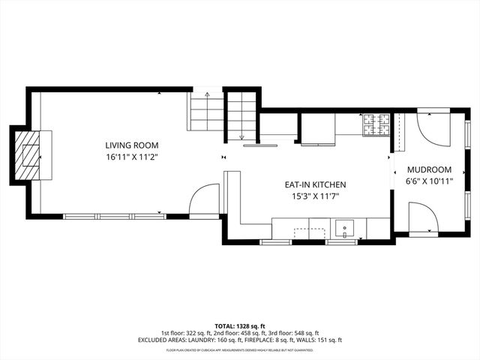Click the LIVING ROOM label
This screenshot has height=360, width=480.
tap(132, 145)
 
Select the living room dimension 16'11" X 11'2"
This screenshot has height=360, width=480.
tap(132, 157)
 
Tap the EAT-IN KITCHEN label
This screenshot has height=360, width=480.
tap(314, 184)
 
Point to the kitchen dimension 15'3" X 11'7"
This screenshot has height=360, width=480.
tap(314, 196)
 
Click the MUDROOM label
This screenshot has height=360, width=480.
tap(428, 169)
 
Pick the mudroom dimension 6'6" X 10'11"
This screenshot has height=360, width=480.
tap(428, 181)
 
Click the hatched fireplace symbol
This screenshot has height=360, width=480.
tap(31, 155)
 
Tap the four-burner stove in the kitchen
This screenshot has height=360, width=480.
tap(376, 125)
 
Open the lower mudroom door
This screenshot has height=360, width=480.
tap(424, 218)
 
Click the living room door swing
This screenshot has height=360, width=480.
tap(203, 202)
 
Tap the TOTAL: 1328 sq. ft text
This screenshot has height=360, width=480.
tap(240, 326)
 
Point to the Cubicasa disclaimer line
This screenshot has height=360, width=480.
tap(240, 349)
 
